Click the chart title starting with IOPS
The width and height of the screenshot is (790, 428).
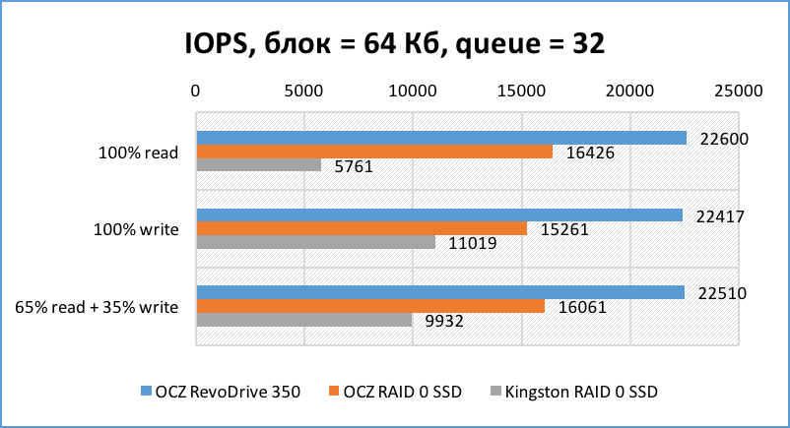(x=394, y=44)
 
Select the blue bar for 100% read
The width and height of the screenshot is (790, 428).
(x=441, y=138)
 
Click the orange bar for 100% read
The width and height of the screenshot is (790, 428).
(x=374, y=152)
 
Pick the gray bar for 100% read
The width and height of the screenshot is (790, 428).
(x=259, y=165)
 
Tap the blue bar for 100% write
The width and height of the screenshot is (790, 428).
(x=439, y=214)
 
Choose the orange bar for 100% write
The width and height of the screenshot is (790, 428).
(x=362, y=228)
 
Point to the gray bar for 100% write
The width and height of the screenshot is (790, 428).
(x=316, y=242)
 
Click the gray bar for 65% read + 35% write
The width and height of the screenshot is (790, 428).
(x=304, y=320)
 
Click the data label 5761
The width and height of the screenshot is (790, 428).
(x=354, y=167)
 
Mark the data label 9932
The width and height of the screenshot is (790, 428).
(x=444, y=321)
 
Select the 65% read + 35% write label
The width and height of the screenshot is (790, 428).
(x=97, y=306)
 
